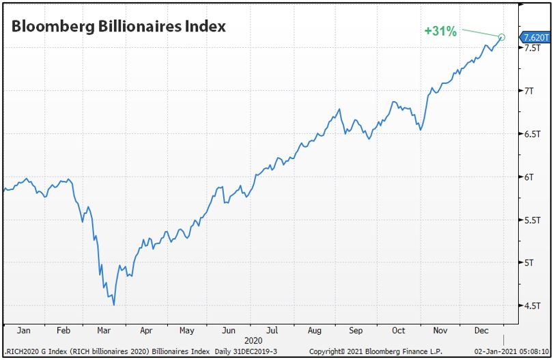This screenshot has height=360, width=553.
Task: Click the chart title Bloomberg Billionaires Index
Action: point(117,27)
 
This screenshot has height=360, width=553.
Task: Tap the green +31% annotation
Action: point(440,31)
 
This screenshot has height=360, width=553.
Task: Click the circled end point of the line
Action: point(502,38)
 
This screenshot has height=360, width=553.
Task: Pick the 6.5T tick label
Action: point(531,134)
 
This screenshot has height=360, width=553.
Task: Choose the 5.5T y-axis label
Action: point(531,220)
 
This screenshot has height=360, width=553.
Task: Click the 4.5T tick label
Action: point(531,306)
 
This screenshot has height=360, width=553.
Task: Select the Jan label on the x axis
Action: point(23,331)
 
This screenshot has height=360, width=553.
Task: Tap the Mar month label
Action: point(104,331)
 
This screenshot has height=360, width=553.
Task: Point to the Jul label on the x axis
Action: point(272,331)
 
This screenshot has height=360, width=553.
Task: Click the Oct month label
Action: point(398,331)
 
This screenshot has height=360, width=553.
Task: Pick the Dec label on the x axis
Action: point(482,331)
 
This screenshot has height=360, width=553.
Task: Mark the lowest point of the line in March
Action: point(114,305)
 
